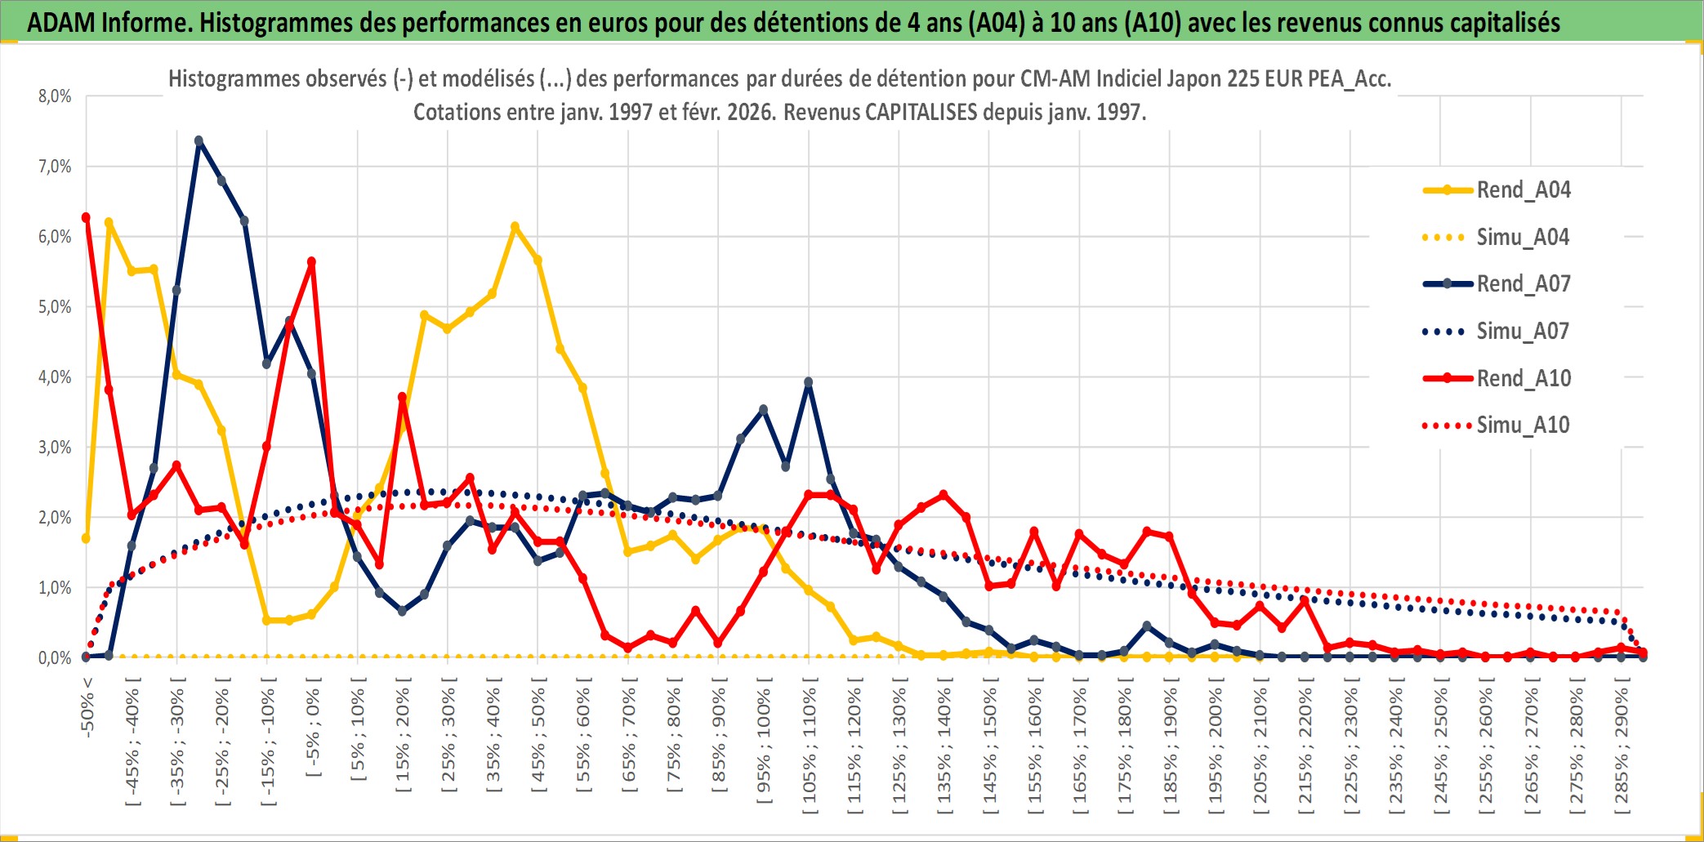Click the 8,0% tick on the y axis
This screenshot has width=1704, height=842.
pyautogui.click(x=55, y=96)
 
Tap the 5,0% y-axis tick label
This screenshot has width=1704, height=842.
pyautogui.click(x=55, y=307)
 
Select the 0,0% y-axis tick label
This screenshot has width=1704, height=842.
pyautogui.click(x=55, y=657)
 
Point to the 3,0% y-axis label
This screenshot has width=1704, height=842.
pyautogui.click(x=55, y=448)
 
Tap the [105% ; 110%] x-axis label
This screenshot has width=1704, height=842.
pyautogui.click(x=809, y=750)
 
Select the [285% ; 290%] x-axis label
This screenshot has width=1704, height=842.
pyautogui.click(x=1621, y=750)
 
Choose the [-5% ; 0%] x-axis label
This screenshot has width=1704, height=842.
pyautogui.click(x=312, y=727)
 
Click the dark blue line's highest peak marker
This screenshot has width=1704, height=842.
pyautogui.click(x=199, y=141)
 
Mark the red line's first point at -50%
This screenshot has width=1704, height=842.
pyautogui.click(x=86, y=217)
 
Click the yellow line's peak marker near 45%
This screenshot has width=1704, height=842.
pyautogui.click(x=515, y=226)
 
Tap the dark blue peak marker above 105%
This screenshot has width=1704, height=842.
pyautogui.click(x=808, y=382)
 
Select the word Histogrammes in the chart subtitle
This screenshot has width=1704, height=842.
pyautogui.click(x=220, y=78)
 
